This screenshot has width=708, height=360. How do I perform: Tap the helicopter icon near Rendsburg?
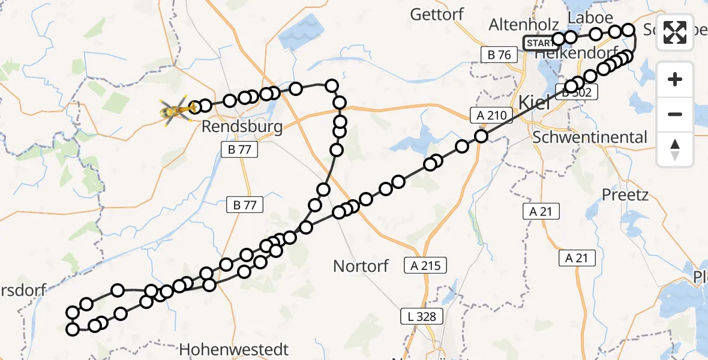pyautogui.click(x=174, y=111)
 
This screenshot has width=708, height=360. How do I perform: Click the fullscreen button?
pyautogui.click(x=675, y=32)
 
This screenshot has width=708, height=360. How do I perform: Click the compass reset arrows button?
pyautogui.click(x=675, y=149)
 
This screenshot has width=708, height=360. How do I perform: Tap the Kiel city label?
pyautogui.click(x=533, y=101)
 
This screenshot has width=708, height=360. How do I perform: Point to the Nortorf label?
pyautogui.click(x=361, y=266)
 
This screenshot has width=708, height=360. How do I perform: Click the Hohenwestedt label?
pyautogui.click(x=234, y=349)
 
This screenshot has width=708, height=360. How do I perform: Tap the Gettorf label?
pyautogui.click(x=436, y=14)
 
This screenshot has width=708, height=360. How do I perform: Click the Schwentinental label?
pyautogui.click(x=590, y=137)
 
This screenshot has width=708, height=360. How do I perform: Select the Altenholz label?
pyautogui.click(x=523, y=25)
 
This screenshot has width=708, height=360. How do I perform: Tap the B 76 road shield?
pyautogui.click(x=499, y=55)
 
